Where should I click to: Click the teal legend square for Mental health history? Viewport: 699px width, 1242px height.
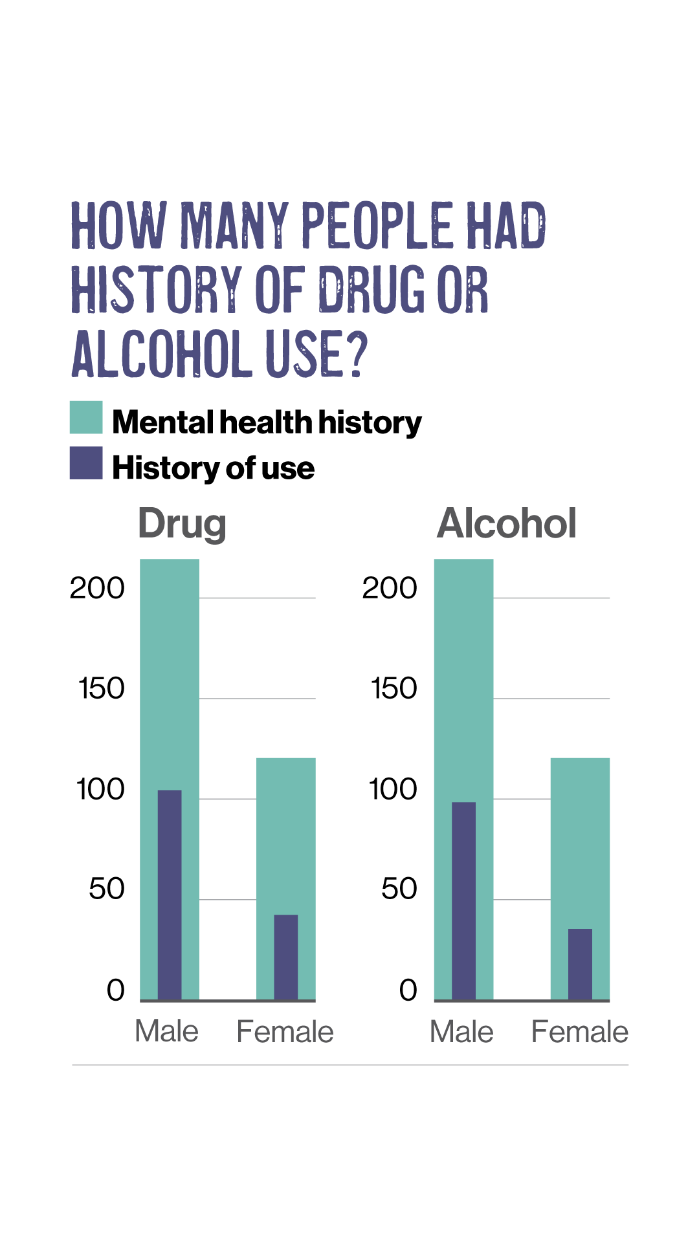86,417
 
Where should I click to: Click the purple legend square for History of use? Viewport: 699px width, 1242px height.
86,463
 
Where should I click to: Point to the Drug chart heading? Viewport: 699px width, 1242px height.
182,523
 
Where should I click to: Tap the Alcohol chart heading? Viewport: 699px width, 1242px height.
507,523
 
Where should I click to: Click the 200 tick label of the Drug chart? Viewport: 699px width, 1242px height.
97,588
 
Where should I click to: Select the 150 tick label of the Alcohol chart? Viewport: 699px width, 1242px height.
394,688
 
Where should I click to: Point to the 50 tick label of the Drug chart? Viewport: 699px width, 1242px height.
107,889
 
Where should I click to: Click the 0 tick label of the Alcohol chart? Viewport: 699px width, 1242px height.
408,990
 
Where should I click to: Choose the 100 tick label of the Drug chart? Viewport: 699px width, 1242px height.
100,789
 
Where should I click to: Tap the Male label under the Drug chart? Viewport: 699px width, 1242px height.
166,1031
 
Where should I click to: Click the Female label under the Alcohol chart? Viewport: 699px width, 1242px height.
579,1032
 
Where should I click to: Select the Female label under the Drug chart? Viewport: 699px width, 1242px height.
285,1032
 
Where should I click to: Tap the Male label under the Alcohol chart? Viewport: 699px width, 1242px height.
461,1032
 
